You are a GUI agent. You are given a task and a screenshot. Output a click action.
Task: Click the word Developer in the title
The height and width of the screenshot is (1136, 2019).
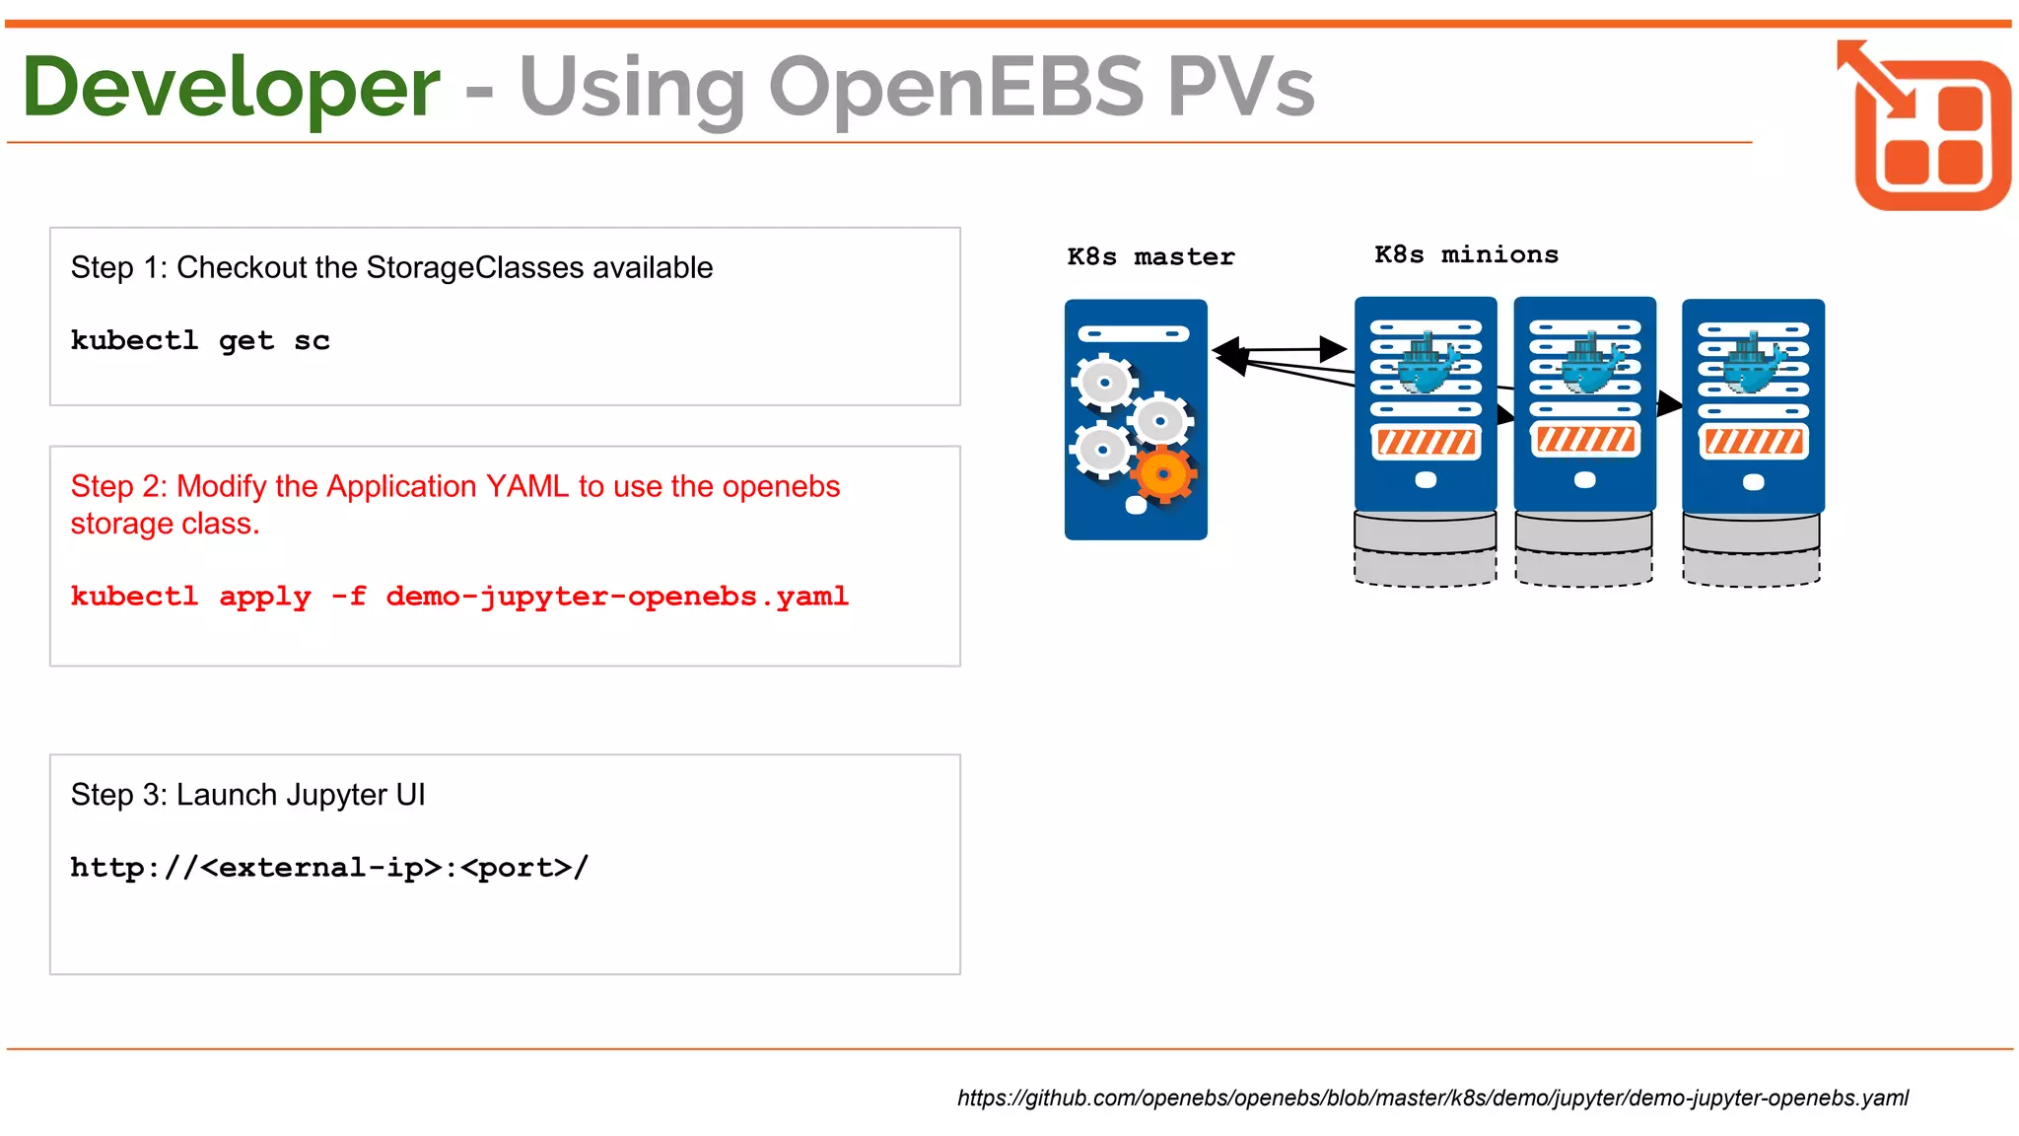pyautogui.click(x=231, y=89)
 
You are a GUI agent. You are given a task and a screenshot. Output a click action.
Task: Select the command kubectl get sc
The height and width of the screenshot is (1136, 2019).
pyautogui.click(x=200, y=341)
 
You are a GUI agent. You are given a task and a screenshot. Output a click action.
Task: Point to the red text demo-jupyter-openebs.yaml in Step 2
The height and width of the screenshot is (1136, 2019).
pyautogui.click(x=616, y=597)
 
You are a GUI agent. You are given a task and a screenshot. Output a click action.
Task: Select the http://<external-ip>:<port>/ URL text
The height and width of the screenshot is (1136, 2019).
pyautogui.click(x=329, y=868)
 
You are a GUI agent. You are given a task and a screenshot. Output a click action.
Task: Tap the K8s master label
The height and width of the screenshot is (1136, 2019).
pyautogui.click(x=1150, y=257)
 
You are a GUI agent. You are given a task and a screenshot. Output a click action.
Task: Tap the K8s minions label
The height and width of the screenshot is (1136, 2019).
pyautogui.click(x=1466, y=255)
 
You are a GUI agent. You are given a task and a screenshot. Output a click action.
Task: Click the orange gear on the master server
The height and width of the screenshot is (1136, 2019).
pyautogui.click(x=1164, y=474)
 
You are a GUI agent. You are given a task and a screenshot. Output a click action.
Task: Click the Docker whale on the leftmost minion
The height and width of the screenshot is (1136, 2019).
pyautogui.click(x=1426, y=364)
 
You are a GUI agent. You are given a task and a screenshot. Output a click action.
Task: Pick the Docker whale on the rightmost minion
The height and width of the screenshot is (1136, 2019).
pyautogui.click(x=1753, y=365)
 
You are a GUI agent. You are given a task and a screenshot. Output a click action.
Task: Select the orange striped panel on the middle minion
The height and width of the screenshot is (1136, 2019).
pyautogui.click(x=1585, y=439)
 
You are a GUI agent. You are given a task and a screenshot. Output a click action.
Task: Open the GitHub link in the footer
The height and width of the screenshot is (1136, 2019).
pyautogui.click(x=1432, y=1099)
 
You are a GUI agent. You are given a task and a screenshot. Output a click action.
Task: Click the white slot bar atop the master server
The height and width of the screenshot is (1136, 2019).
pyautogui.click(x=1134, y=334)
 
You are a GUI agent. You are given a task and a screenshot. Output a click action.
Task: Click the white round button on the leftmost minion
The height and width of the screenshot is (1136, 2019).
pyautogui.click(x=1426, y=480)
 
